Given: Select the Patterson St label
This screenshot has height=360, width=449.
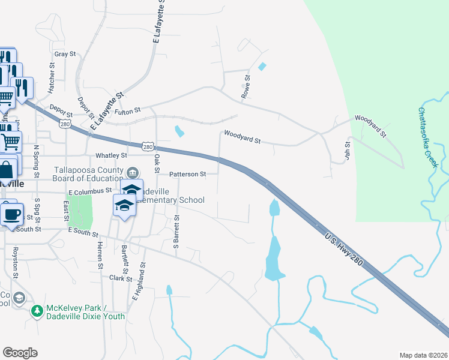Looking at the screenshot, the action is [187, 174].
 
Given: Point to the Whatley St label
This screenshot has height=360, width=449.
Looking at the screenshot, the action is [109, 155].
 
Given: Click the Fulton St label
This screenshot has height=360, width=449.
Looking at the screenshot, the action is [128, 110].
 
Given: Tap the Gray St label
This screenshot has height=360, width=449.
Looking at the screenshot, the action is [64, 54].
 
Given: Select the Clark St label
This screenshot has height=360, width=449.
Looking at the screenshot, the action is [121, 278].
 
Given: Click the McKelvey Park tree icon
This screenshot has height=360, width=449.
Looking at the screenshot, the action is [37, 311].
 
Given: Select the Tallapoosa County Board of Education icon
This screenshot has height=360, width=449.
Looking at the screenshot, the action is [133, 173].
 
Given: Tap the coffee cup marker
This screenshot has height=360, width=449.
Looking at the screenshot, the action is [11, 214].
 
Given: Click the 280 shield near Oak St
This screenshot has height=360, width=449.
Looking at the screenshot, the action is [148, 146].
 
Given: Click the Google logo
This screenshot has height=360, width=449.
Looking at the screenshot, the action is [20, 353].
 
